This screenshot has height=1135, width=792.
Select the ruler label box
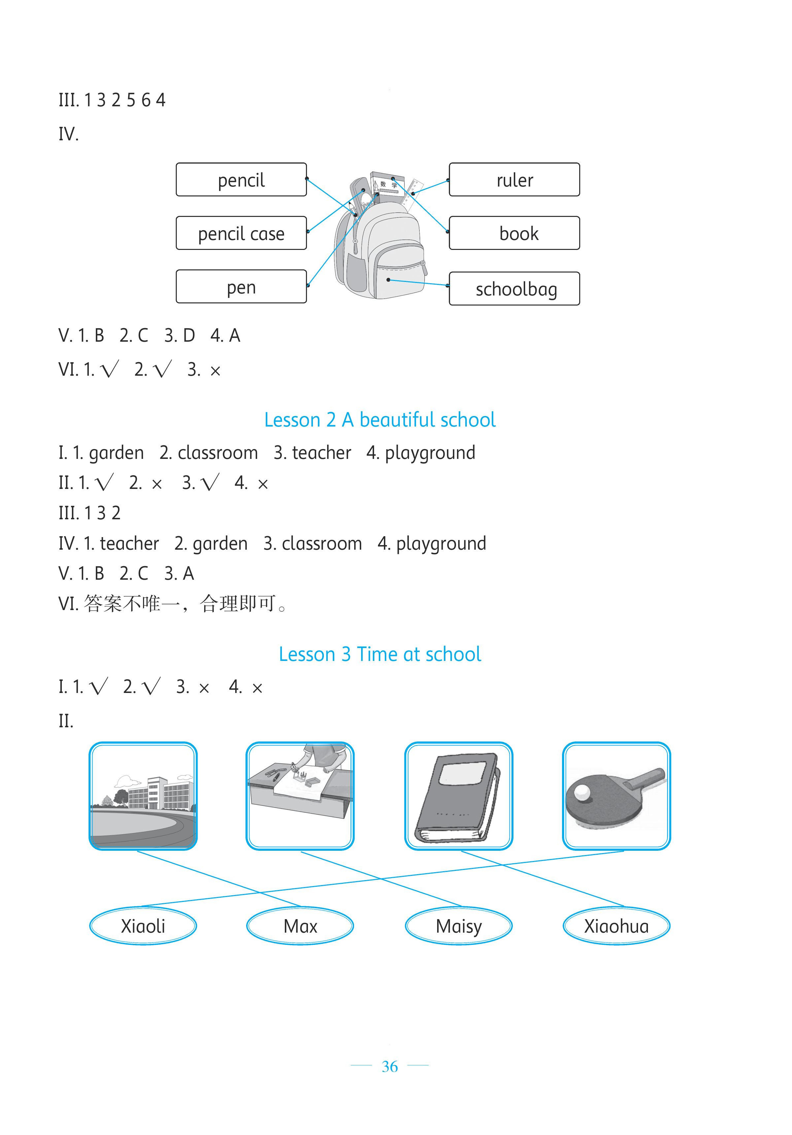[x=514, y=180]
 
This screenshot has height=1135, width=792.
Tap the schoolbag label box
[x=514, y=289]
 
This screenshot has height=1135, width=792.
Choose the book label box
[x=514, y=233]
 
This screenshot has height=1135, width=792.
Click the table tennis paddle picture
[x=616, y=796]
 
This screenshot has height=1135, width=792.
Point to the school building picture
[x=143, y=796]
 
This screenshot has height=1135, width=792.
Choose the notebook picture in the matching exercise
[x=459, y=796]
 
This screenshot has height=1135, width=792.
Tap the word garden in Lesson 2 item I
[x=116, y=453]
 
